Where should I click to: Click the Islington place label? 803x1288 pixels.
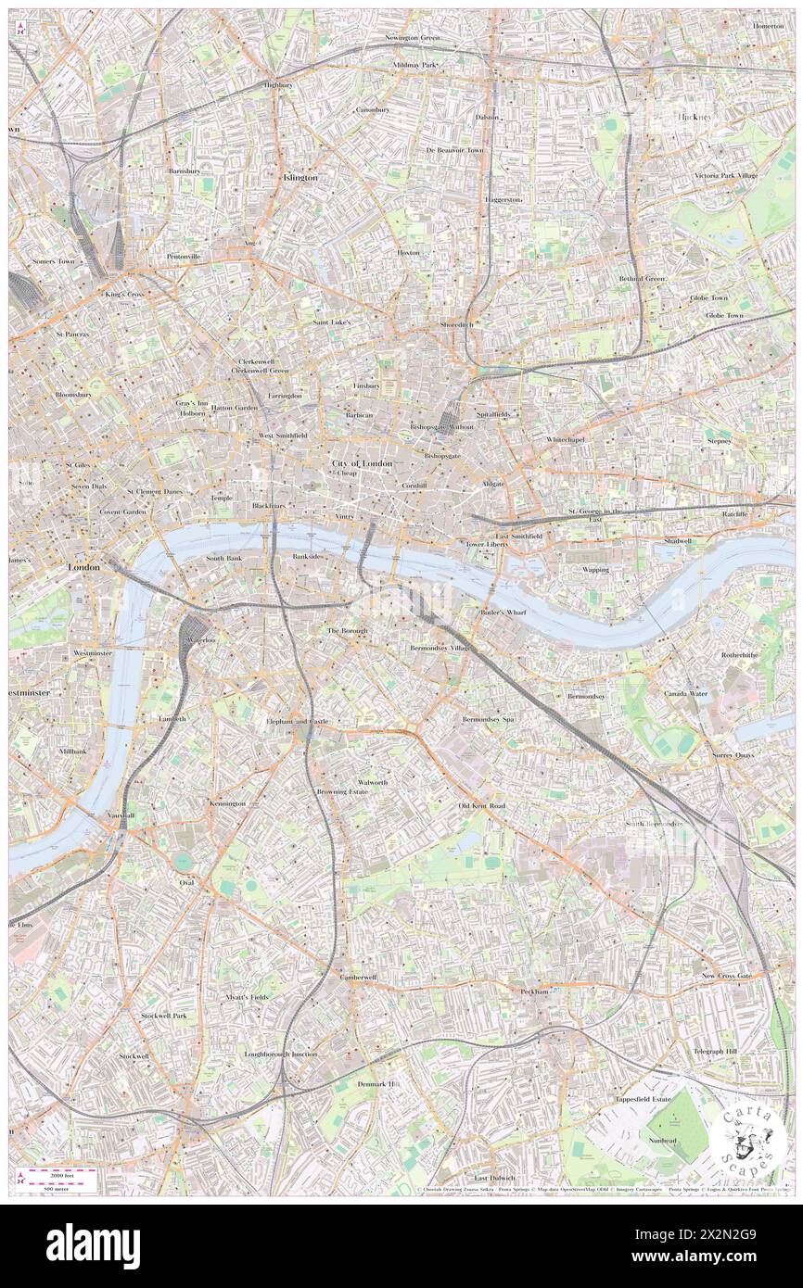tap(300, 177)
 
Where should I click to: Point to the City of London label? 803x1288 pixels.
tap(362, 462)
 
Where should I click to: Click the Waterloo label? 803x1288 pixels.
tap(201, 640)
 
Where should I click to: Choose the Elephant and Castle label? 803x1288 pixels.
tap(297, 720)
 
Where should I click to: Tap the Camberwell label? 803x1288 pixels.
tap(357, 977)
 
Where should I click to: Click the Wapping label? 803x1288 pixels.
tap(595, 569)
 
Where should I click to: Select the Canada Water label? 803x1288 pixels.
tap(685, 693)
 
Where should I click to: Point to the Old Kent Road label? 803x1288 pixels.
tap(481, 806)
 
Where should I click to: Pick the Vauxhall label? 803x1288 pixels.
tap(120, 815)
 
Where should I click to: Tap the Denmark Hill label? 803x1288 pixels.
tap(379, 1083)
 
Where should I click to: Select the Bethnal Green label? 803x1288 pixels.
tap(643, 279)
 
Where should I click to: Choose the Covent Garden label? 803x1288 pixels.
tap(123, 511)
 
